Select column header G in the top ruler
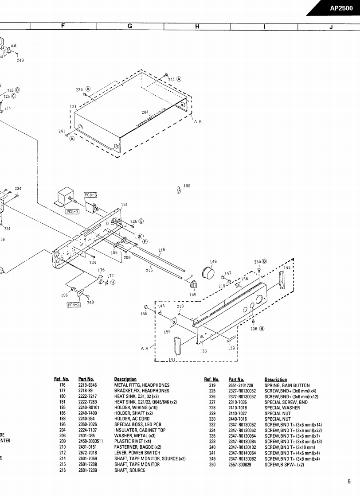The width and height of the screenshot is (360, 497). point(130,26)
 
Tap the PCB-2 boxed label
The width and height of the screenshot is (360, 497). point(72,211)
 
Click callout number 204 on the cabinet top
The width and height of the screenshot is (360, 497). point(145,113)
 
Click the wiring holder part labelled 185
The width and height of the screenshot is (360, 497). point(178,190)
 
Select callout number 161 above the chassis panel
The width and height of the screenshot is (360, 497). point(124,205)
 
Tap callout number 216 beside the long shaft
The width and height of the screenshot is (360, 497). point(162,250)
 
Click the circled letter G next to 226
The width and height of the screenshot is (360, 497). point(141,221)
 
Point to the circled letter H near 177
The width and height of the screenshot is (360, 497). point(113,282)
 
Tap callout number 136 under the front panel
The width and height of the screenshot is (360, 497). point(203,351)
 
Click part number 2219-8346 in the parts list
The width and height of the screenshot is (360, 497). point(87,385)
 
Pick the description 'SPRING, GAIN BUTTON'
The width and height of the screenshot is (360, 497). point(287,385)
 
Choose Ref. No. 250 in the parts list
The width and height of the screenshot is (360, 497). point(212,464)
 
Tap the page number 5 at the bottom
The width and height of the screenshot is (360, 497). point(349,482)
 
